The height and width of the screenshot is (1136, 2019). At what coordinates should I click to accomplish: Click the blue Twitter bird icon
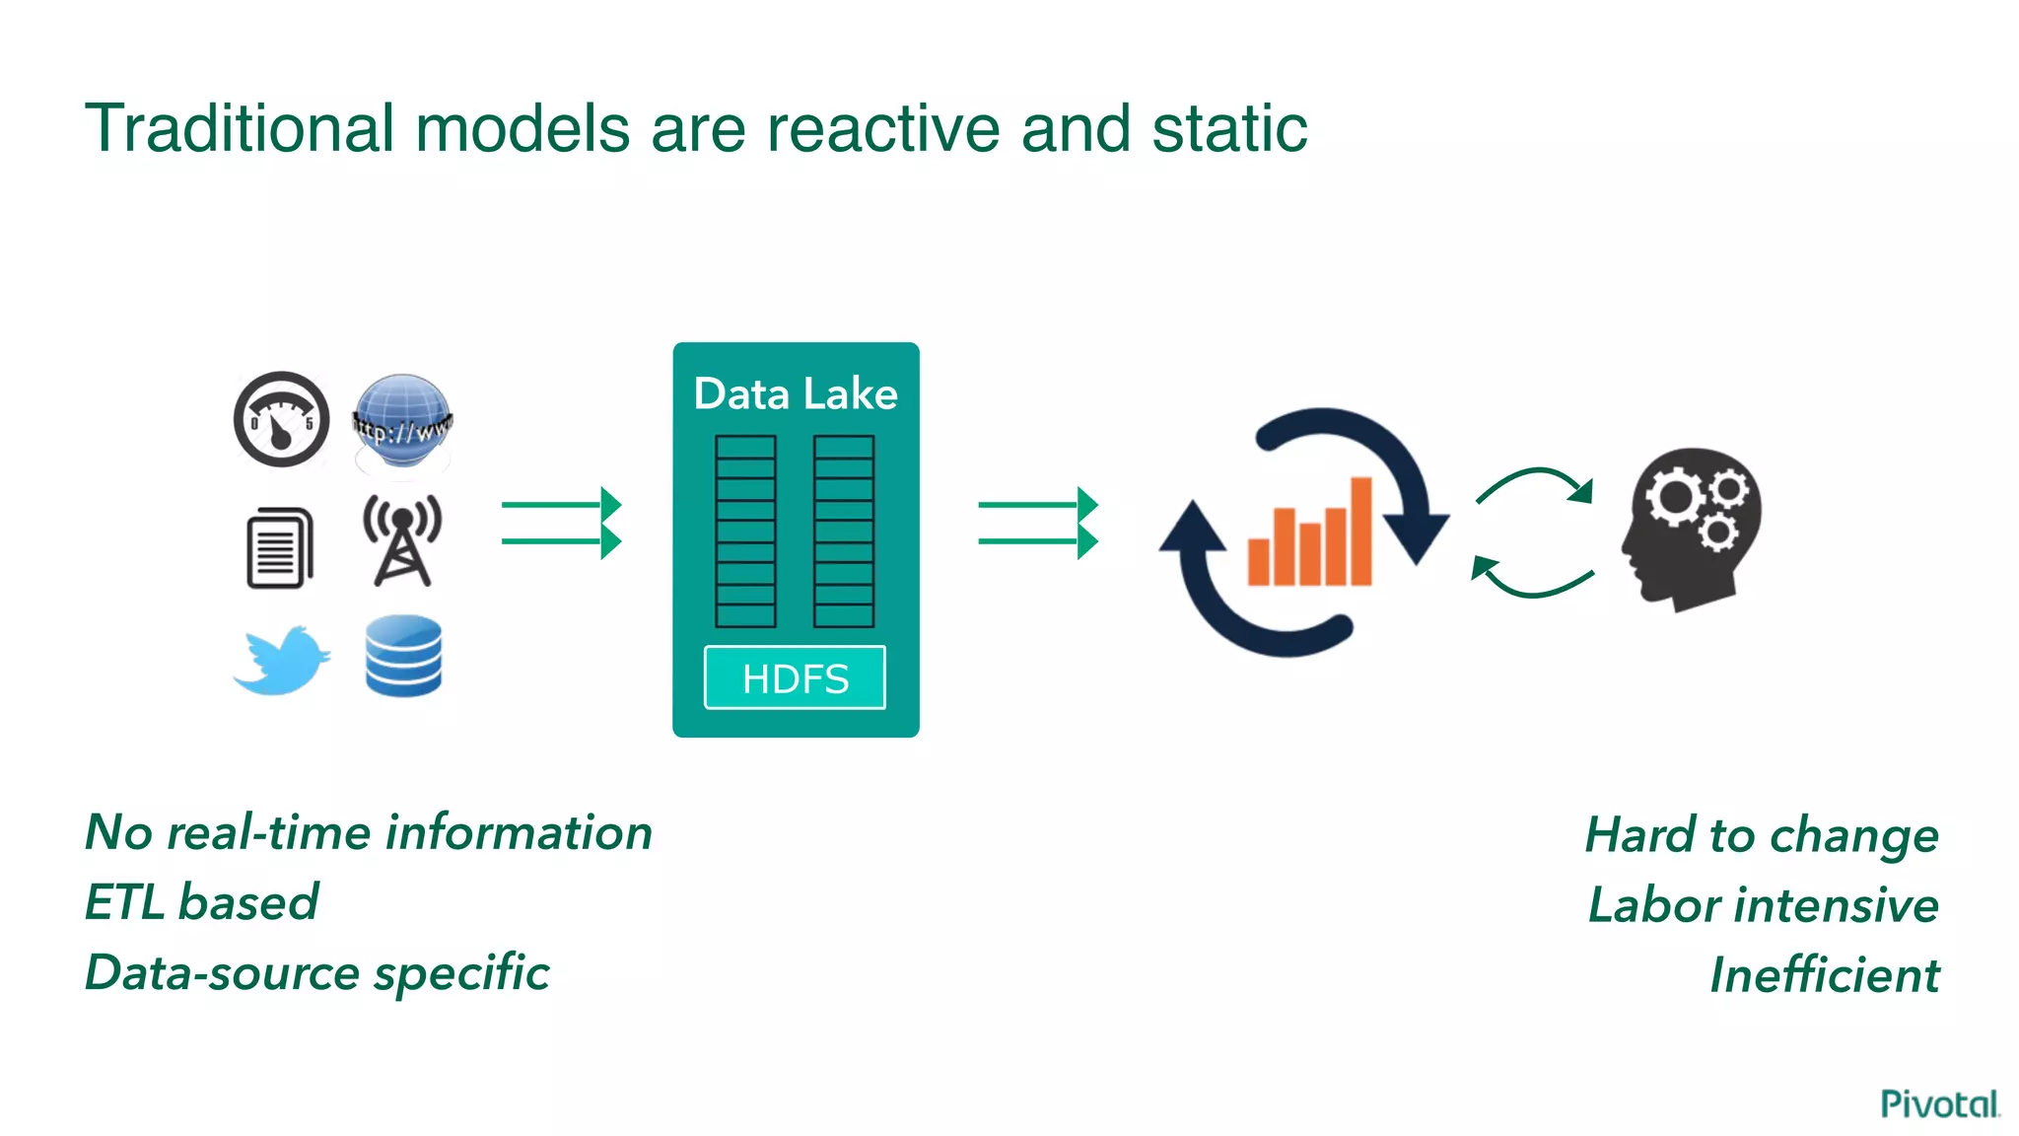(282, 659)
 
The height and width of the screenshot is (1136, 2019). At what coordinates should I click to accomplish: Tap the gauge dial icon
(281, 419)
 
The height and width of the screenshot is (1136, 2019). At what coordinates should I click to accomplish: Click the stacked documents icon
(279, 547)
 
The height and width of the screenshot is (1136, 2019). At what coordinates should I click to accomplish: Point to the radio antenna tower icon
(402, 540)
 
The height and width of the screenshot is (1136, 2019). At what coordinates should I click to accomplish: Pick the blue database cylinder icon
(403, 656)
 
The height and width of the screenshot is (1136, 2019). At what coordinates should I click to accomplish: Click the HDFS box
(795, 677)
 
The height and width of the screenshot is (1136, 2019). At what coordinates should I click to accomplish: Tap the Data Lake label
(795, 393)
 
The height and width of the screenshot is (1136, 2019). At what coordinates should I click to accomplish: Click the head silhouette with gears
(1692, 528)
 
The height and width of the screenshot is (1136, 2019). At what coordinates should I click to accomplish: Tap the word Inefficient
(1824, 974)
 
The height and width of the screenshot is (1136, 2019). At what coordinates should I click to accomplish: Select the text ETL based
(202, 901)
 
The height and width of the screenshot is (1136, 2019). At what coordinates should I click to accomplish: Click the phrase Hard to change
(1762, 835)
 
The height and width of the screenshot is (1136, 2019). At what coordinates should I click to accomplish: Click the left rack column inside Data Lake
(745, 531)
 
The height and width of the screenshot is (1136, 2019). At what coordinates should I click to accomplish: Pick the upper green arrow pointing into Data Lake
(561, 505)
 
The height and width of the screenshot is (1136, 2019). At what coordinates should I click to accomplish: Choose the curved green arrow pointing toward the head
(1534, 482)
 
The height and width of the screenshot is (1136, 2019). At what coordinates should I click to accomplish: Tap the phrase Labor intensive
(1763, 904)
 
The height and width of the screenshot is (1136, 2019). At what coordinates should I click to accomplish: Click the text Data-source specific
(316, 972)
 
